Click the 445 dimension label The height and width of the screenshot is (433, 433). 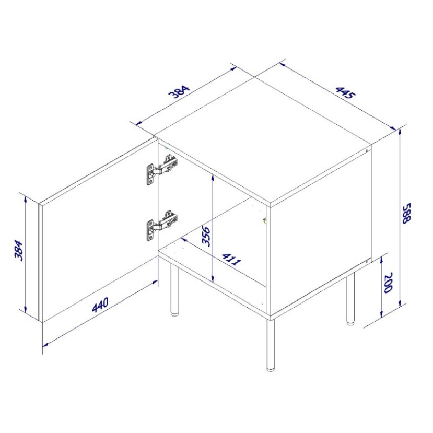click(345, 93)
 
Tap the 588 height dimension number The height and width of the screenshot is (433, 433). click(407, 213)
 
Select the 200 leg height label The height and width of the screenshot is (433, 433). click(388, 283)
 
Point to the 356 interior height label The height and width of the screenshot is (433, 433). click(206, 236)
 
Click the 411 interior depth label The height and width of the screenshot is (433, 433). click(231, 259)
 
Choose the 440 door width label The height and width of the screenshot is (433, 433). click(100, 305)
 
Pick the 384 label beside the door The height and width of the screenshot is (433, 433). click(19, 251)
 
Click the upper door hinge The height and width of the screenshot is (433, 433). click(162, 170)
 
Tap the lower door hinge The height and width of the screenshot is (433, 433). click(162, 225)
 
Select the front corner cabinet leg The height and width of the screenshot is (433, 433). click(271, 345)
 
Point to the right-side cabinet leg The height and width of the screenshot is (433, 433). click(350, 298)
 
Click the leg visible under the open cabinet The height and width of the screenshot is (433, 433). click(174, 289)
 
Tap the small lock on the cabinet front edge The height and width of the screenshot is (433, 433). click(264, 220)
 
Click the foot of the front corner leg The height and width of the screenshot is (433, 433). click(271, 368)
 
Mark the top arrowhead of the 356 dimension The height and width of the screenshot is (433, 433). click(213, 177)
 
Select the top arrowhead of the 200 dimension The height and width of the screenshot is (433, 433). click(382, 258)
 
